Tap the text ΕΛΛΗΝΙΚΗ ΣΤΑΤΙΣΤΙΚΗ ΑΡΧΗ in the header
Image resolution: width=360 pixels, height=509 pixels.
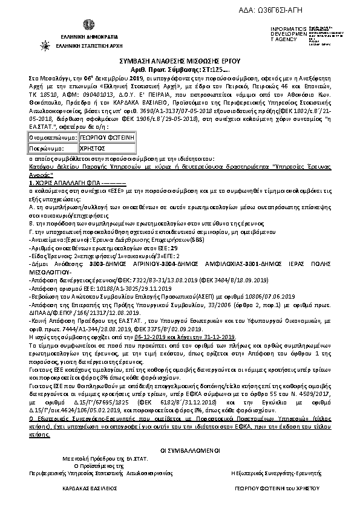pos(88,45)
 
